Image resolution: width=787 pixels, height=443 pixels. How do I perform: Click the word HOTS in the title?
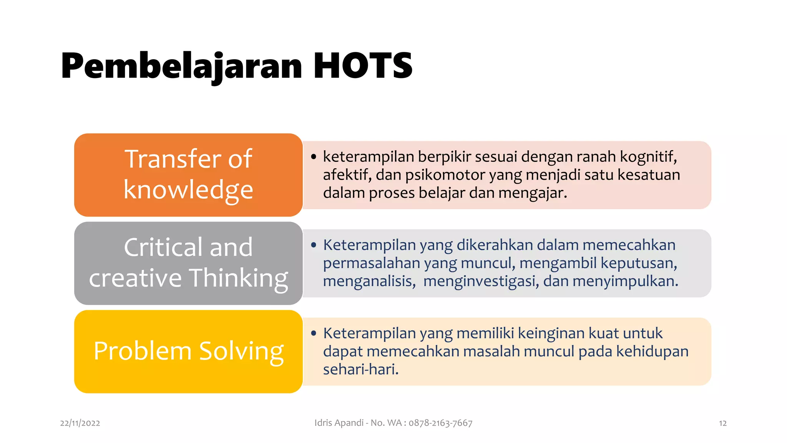point(362,66)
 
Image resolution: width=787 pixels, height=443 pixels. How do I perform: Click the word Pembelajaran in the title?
point(181,66)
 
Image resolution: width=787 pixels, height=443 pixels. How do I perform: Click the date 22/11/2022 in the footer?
point(80,423)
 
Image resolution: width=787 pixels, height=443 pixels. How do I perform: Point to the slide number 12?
point(722,423)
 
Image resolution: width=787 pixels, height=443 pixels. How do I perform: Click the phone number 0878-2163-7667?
point(440,423)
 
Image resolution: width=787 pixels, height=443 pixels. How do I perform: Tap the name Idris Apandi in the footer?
point(339,423)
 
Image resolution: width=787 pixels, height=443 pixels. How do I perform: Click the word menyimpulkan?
point(625,281)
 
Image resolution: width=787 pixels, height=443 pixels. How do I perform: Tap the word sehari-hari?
point(360,370)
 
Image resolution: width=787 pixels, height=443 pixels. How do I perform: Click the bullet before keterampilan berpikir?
point(314,157)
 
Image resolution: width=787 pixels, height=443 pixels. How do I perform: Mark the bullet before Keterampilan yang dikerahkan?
point(314,245)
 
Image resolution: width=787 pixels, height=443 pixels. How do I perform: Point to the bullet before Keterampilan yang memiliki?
point(314,333)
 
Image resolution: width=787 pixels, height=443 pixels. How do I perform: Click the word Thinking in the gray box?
point(239,278)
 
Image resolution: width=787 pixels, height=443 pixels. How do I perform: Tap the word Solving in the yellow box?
point(241,351)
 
